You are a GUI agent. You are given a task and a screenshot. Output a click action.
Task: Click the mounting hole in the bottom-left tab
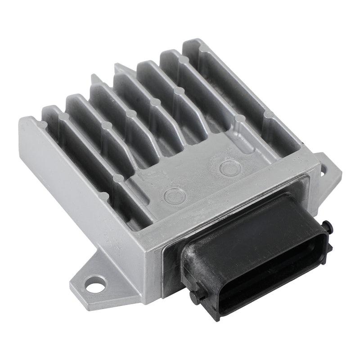(x=94, y=284)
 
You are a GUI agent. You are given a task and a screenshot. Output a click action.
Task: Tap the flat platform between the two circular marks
(x=198, y=180)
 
